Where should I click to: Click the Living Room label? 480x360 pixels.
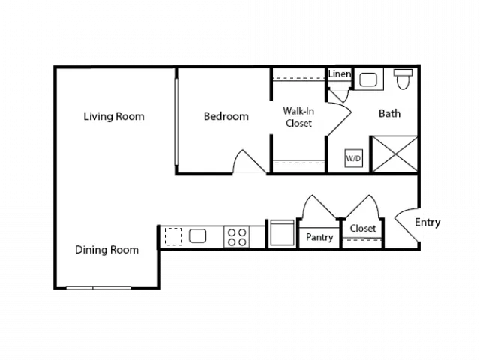click(114, 117)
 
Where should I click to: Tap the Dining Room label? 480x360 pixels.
click(106, 250)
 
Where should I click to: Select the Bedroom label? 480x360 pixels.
click(226, 117)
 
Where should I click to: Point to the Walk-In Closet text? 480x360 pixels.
click(298, 117)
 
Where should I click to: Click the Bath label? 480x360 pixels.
click(389, 113)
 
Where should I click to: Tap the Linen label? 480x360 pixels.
click(340, 73)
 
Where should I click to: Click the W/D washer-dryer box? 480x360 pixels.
click(353, 158)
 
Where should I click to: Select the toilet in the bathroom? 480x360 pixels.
click(403, 79)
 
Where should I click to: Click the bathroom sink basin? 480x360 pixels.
click(368, 79)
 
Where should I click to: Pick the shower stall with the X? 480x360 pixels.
click(394, 154)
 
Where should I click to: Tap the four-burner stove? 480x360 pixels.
click(237, 237)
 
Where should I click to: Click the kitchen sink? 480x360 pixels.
click(197, 235)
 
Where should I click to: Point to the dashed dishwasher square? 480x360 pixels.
click(173, 236)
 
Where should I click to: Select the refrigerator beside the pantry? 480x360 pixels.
click(282, 232)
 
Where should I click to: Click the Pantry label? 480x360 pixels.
click(319, 237)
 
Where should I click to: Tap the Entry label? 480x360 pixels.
click(427, 223)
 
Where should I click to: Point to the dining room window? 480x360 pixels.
click(98, 288)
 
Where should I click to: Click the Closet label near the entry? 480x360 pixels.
click(363, 228)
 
